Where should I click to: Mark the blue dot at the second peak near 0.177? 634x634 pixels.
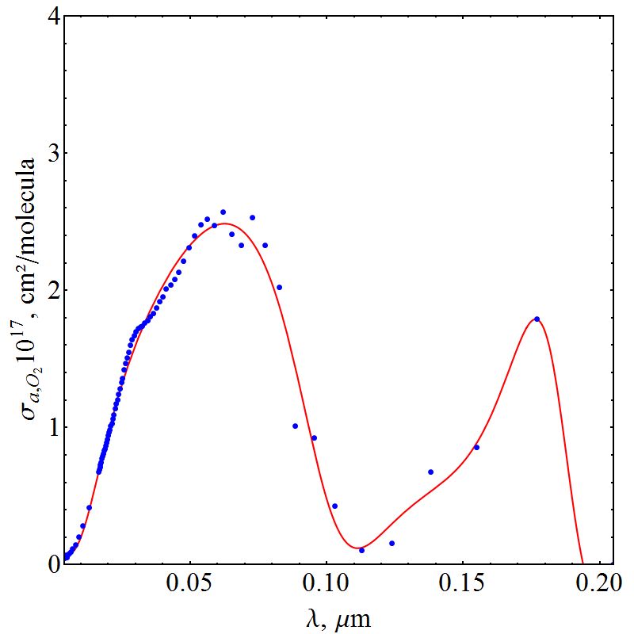tap(537, 319)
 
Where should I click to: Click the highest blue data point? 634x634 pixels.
tap(223, 212)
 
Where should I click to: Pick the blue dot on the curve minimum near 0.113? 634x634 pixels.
tap(361, 550)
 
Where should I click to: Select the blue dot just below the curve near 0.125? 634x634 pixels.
tap(391, 543)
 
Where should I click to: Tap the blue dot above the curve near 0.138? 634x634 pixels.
tap(430, 472)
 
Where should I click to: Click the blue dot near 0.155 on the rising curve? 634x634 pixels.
tap(476, 447)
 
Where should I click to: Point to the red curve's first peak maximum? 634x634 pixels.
tap(226, 223)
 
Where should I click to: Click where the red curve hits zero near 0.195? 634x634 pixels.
tap(582, 563)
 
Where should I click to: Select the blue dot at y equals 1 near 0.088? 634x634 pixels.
tap(295, 426)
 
